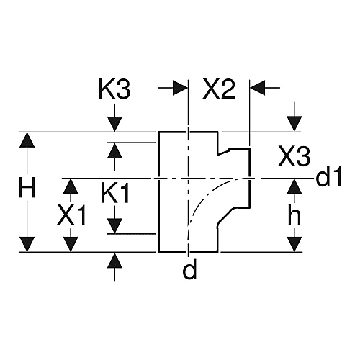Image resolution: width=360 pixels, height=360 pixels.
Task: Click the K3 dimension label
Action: pos(114,89)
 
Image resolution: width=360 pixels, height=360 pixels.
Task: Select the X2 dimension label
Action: pos(219,89)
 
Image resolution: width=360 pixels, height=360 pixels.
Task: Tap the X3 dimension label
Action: pos(294,157)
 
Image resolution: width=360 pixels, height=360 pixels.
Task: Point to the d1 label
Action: pos(328,177)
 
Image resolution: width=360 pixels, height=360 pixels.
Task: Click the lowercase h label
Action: pos(294,215)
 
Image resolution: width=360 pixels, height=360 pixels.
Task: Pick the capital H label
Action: pos(27,187)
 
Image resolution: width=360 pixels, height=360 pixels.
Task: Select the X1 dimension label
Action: pos(71,215)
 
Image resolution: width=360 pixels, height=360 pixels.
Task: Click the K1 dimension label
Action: pos(115,193)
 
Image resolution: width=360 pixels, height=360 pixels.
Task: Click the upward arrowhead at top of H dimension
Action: pos(27,140)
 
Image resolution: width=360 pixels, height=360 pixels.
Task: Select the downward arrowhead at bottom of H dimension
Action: pos(27,245)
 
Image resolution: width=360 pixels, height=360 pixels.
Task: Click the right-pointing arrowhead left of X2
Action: pos(180,88)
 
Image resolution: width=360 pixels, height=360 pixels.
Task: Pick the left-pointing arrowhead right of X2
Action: pos(258,88)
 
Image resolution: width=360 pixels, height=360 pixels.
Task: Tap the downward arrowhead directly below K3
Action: pos(114,125)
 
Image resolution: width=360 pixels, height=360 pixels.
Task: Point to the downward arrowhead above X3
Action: pos(294,124)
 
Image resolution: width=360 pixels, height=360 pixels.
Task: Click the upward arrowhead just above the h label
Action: pos(294,186)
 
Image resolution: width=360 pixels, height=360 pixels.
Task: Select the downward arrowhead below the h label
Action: pos(294,245)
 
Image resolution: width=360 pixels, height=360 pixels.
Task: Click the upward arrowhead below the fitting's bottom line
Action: pos(114,260)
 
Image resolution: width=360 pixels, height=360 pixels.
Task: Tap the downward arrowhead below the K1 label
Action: pos(114,226)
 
